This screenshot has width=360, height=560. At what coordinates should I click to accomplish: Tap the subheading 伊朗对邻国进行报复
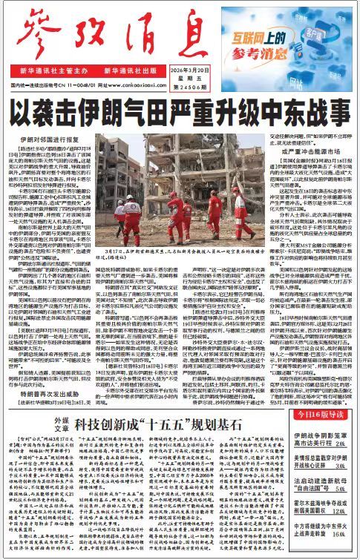click(48, 139)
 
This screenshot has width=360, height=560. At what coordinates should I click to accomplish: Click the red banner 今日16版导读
click(313, 415)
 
